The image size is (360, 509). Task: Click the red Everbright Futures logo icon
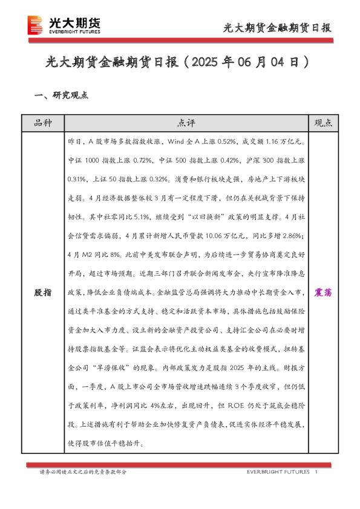(36, 25)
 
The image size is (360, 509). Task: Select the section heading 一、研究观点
(62, 95)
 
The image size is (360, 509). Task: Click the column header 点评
(186, 123)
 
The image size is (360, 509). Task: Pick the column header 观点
(323, 123)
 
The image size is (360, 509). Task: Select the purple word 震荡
(323, 292)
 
